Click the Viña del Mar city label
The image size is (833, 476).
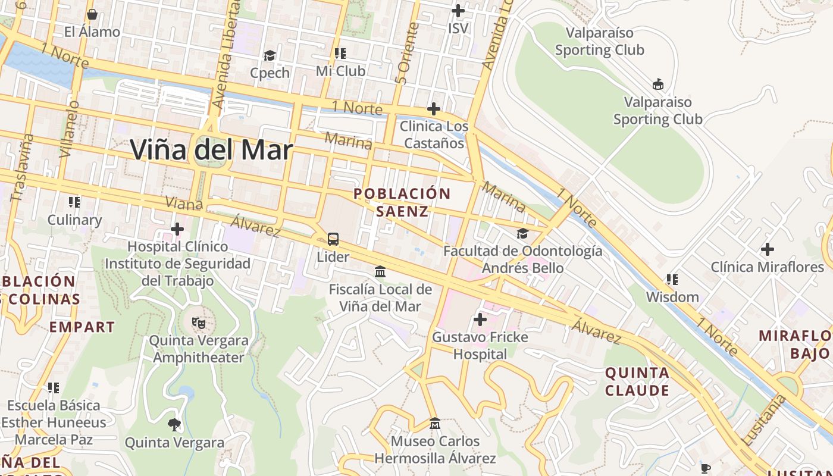tap(211, 150)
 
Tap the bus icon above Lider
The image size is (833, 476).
tap(333, 239)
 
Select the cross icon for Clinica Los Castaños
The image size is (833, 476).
tap(434, 109)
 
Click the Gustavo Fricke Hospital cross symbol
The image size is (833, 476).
tap(480, 320)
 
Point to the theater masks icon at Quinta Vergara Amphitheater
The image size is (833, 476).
tap(199, 323)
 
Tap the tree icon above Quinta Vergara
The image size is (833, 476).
tap(174, 425)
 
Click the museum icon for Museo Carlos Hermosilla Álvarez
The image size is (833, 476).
tap(435, 424)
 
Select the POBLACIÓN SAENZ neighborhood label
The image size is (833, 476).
tap(402, 202)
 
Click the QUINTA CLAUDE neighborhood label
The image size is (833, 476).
tap(637, 381)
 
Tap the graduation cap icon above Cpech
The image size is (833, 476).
tap(270, 55)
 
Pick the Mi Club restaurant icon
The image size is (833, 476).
tap(340, 54)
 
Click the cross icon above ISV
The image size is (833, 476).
tap(458, 11)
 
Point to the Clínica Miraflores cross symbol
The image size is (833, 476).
tap(768, 249)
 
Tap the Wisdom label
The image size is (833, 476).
tap(672, 297)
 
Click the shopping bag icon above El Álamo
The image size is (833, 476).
tap(92, 14)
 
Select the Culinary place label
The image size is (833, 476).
tap(74, 220)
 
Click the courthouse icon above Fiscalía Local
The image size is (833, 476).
tap(380, 272)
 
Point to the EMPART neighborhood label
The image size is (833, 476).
tap(82, 327)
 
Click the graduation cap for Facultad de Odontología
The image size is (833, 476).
tap(522, 234)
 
